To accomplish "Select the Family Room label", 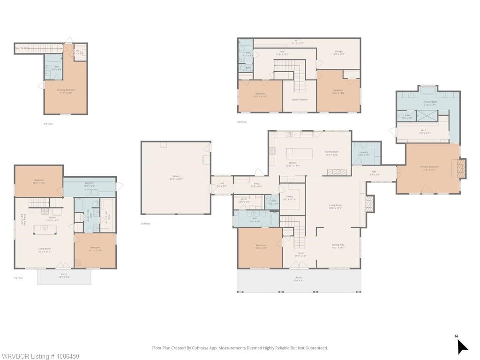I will [x=332, y=152].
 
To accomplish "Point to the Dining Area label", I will [x=338, y=245].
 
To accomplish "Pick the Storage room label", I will [x=338, y=52].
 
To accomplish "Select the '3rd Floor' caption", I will [x=48, y=124].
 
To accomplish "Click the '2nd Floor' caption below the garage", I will [x=146, y=224].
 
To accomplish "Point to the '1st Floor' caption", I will [x=18, y=278].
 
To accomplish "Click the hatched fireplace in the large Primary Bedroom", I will [x=461, y=169].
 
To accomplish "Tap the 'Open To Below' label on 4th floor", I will [x=300, y=99].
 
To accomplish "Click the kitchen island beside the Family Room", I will [x=300, y=153].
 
